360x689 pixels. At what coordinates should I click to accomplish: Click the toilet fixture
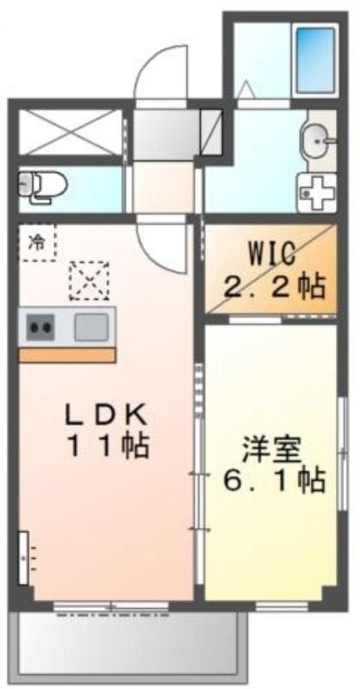[x=42, y=187]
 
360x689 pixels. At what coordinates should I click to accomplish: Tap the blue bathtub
[x=315, y=59]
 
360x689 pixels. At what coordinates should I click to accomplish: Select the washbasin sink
[x=316, y=141]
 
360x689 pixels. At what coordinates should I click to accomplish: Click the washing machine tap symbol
[x=317, y=192]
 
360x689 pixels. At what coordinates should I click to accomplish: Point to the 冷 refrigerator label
[x=37, y=241]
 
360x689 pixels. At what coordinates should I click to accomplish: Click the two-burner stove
[x=40, y=327]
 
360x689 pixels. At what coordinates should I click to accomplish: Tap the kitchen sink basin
[x=91, y=327]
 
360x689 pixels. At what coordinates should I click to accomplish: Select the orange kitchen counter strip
[x=67, y=355]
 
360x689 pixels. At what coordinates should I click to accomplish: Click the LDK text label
[x=106, y=414]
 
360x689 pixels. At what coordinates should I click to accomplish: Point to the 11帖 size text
[x=108, y=447]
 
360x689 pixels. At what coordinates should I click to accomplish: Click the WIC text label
[x=270, y=256]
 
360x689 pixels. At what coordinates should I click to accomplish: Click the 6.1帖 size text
[x=274, y=481]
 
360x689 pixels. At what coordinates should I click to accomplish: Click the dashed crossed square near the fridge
[x=90, y=281]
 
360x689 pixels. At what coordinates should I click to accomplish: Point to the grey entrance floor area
[x=166, y=135]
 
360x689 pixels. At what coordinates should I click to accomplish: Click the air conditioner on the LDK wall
[x=23, y=558]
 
